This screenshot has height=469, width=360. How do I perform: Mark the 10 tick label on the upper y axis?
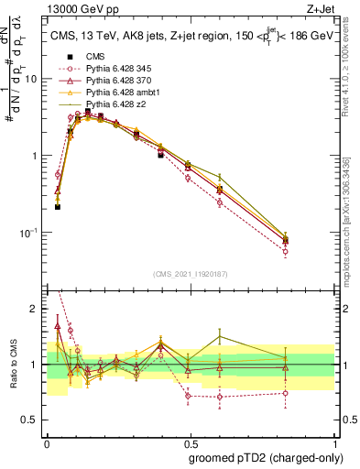click(33, 79)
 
